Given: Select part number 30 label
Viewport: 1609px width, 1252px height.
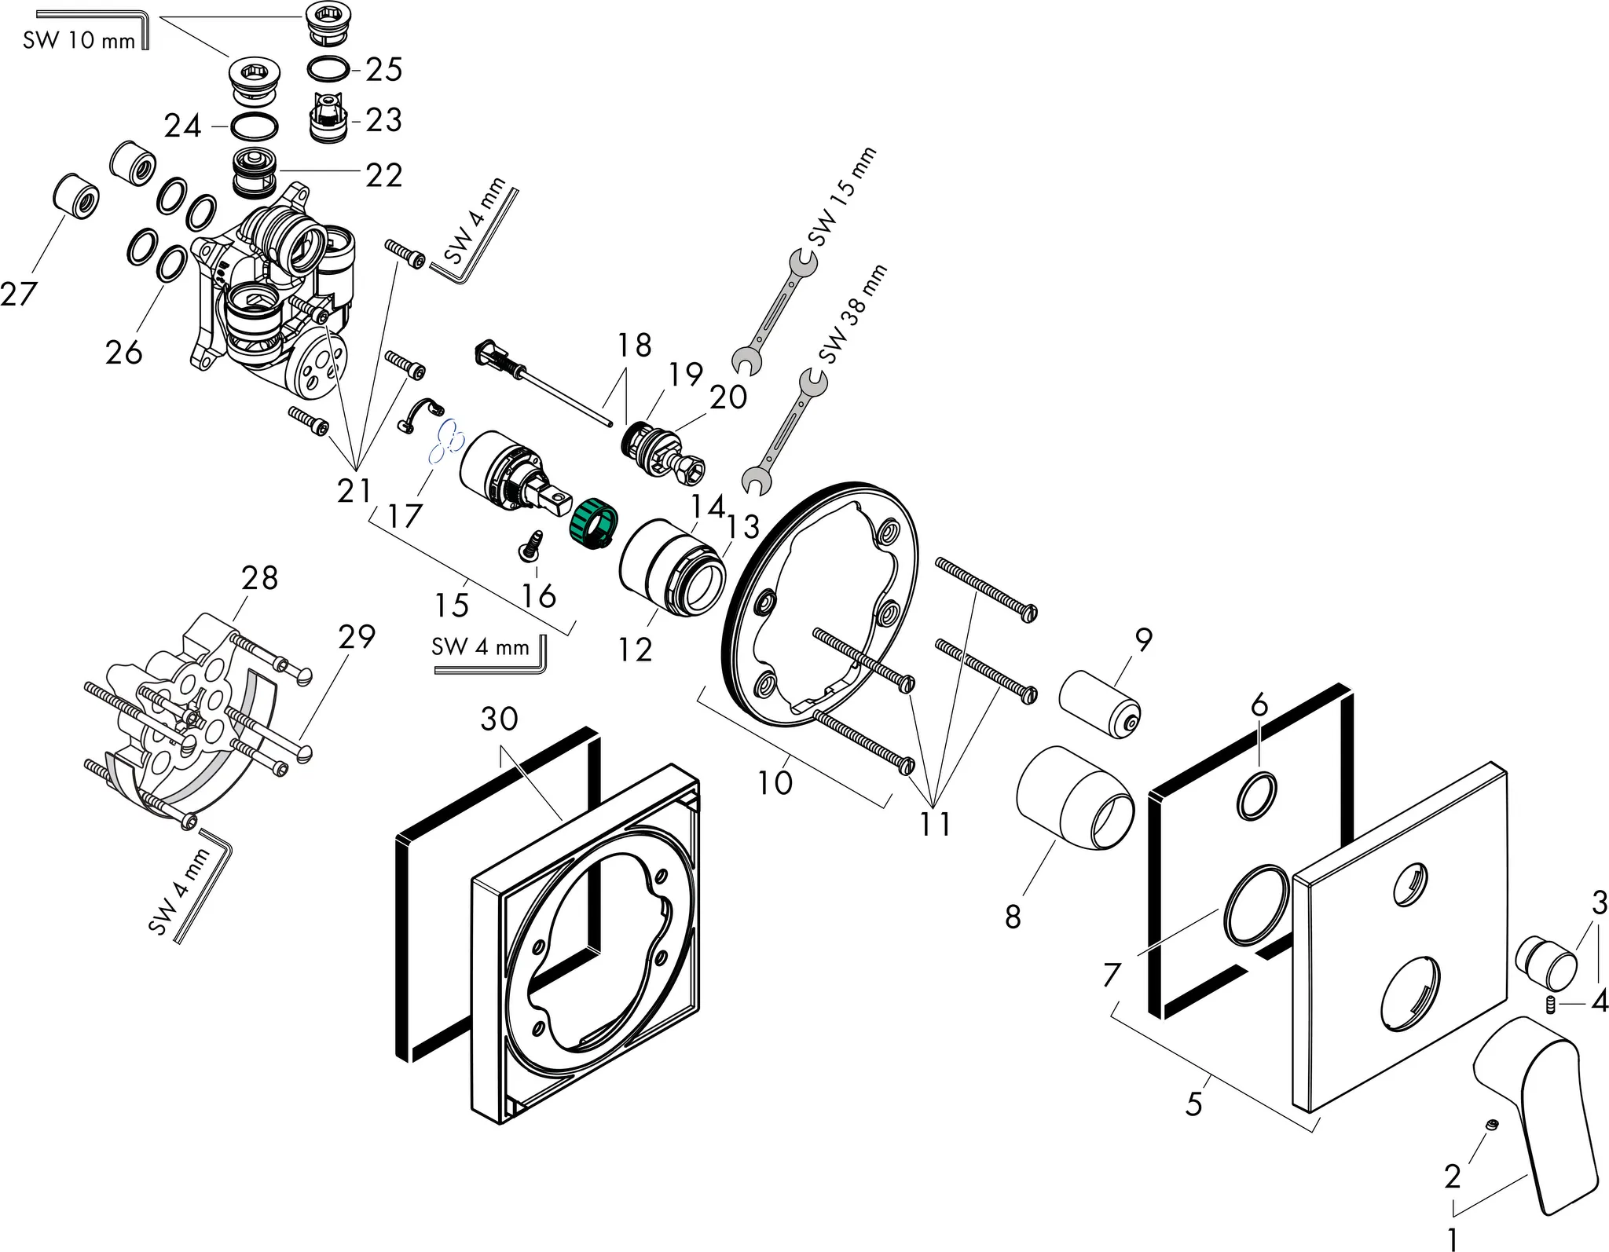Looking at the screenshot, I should click(500, 719).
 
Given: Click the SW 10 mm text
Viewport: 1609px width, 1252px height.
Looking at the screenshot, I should click(79, 40).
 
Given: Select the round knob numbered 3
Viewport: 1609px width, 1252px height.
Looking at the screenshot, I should click(1545, 962).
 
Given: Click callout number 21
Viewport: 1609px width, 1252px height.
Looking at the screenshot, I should click(354, 491).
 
